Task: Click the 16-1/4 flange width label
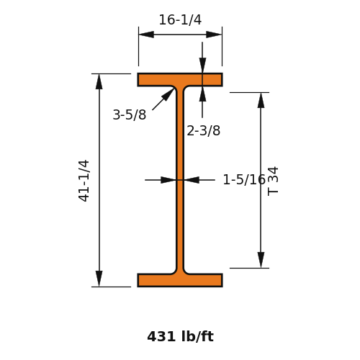pos(180,19)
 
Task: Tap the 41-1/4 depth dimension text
pos(84,181)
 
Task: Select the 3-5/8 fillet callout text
pos(130,114)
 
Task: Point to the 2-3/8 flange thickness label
pos(203,131)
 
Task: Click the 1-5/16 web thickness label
pos(244,179)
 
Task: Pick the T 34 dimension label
pos(273,181)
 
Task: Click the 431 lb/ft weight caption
pos(180,336)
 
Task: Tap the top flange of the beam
pos(180,79)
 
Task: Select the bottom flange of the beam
pos(180,280)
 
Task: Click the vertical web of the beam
pos(180,180)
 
